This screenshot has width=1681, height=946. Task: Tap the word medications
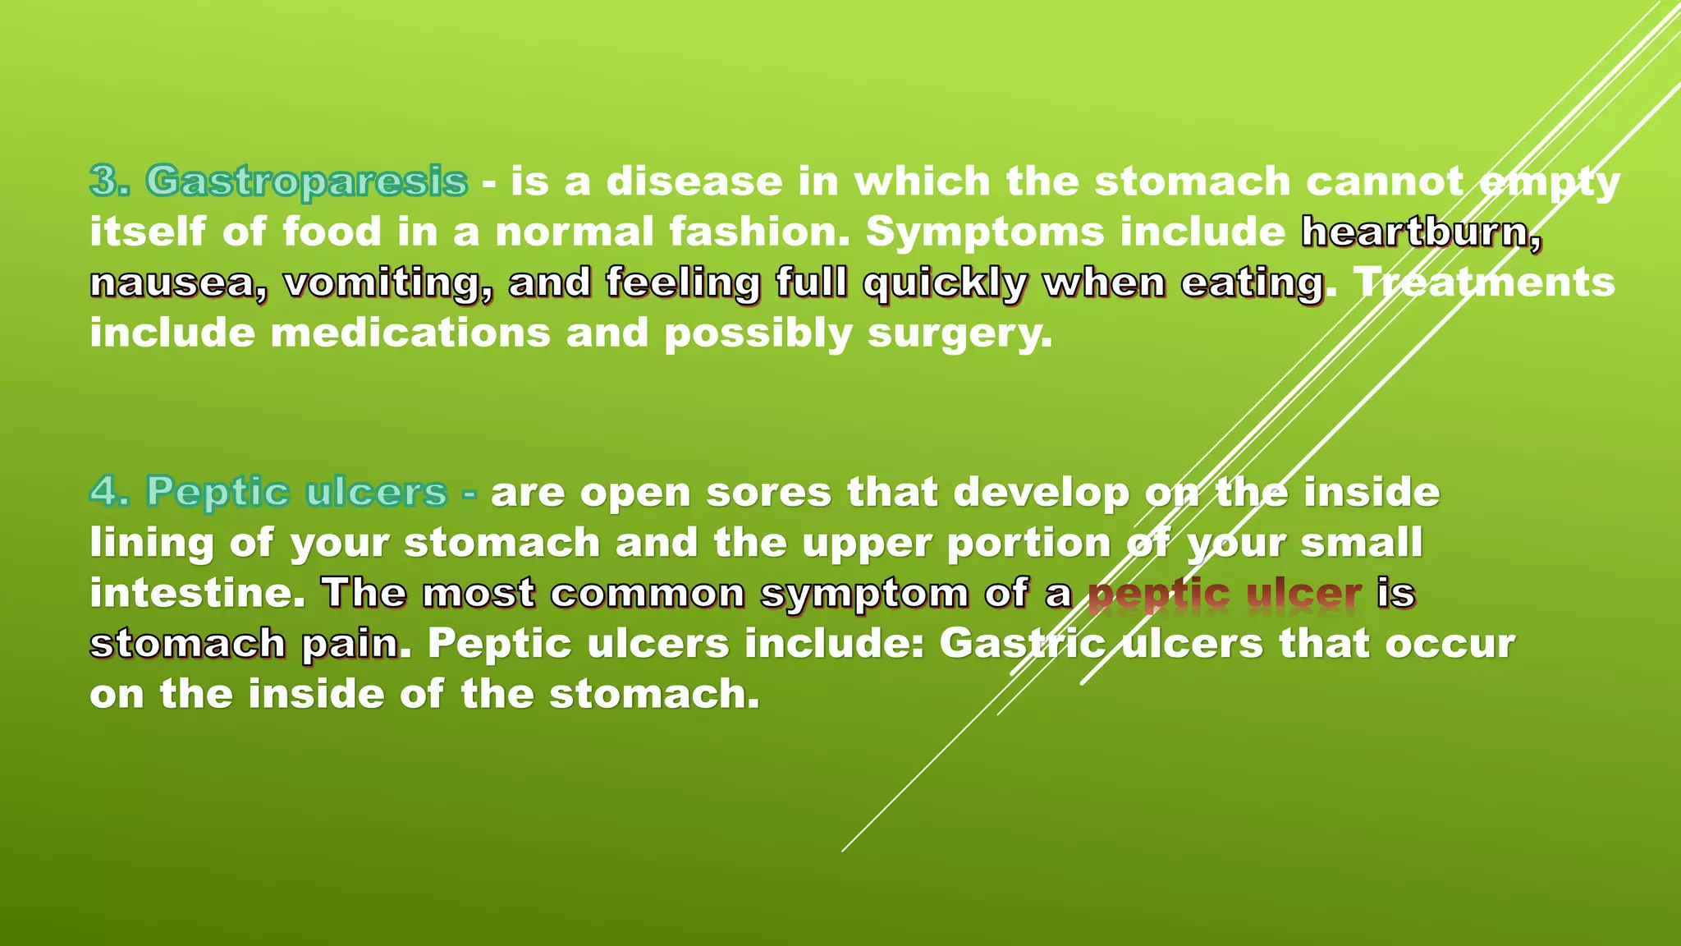click(x=410, y=333)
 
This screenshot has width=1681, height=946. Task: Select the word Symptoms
click(x=985, y=232)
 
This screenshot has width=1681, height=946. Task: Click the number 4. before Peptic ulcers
click(x=110, y=492)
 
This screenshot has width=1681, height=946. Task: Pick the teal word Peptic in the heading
click(x=218, y=493)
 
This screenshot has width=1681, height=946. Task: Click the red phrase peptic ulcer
click(x=1225, y=594)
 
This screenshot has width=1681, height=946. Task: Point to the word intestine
click(x=197, y=593)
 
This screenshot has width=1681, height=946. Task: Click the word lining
click(x=151, y=544)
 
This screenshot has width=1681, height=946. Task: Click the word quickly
click(x=945, y=283)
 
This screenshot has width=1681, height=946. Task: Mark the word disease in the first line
click(x=694, y=181)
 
